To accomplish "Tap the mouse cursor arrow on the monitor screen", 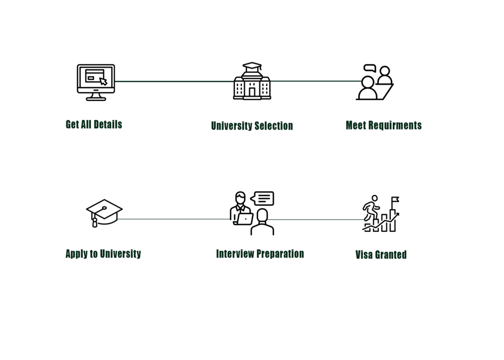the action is pyautogui.click(x=103, y=81).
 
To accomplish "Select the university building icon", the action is pyautogui.click(x=252, y=81).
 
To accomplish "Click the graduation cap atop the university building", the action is pyautogui.click(x=252, y=66).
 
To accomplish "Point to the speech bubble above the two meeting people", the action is pyautogui.click(x=370, y=68).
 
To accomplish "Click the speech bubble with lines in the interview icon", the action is pyautogui.click(x=262, y=198).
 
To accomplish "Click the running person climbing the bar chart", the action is pyautogui.click(x=372, y=208).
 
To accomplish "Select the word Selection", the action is pyautogui.click(x=274, y=126).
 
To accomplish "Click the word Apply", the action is pyautogui.click(x=77, y=254).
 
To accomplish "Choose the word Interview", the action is pyautogui.click(x=235, y=254).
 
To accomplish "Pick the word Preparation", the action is pyautogui.click(x=280, y=254).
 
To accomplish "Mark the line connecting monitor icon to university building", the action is pyautogui.click(x=174, y=81).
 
